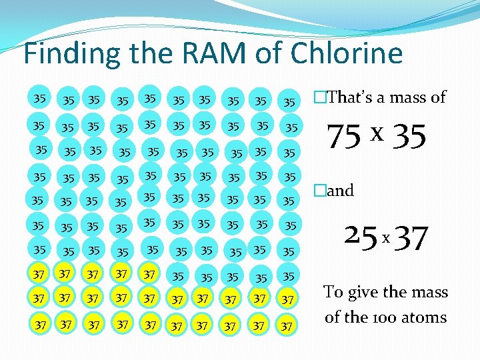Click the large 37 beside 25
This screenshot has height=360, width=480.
[x=411, y=238]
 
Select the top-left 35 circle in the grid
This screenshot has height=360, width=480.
[x=40, y=98]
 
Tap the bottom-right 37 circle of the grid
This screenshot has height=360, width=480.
[x=287, y=325]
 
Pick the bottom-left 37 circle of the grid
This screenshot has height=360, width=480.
[x=41, y=325]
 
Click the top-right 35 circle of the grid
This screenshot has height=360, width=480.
[x=289, y=102]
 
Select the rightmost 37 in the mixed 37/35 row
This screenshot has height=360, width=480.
[x=149, y=274]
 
